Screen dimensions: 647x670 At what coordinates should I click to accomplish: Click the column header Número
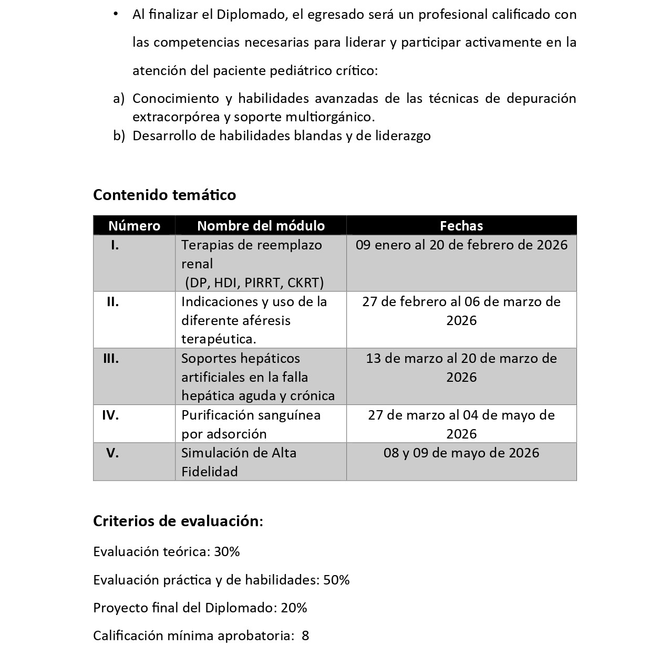134,226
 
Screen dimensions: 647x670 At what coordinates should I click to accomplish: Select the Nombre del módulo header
261,226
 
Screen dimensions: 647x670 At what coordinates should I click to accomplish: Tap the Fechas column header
461,226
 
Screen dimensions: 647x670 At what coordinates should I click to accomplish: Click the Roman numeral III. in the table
111,359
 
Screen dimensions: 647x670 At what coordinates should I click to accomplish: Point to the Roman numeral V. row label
112,453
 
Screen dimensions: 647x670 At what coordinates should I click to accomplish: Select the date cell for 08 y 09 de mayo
461,453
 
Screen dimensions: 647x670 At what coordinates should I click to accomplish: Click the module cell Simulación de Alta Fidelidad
239,462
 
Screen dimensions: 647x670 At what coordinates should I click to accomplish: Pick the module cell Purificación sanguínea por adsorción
251,424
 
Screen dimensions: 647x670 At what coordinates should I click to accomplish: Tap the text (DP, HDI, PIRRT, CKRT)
254,283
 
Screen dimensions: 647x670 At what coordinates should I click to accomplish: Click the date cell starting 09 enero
461,245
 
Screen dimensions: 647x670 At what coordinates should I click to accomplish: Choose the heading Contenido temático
164,195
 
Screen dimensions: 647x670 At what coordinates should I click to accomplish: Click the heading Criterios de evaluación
177,521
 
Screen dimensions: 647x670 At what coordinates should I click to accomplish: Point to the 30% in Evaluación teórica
227,552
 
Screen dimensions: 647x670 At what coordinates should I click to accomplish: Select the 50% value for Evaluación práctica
337,580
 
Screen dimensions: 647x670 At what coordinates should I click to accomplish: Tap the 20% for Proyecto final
294,608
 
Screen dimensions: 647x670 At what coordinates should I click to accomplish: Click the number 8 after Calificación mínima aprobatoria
306,636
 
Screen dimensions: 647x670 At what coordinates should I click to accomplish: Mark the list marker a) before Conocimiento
119,99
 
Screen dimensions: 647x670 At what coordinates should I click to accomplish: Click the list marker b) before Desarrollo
119,136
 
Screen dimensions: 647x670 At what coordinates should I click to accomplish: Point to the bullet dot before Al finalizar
116,14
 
